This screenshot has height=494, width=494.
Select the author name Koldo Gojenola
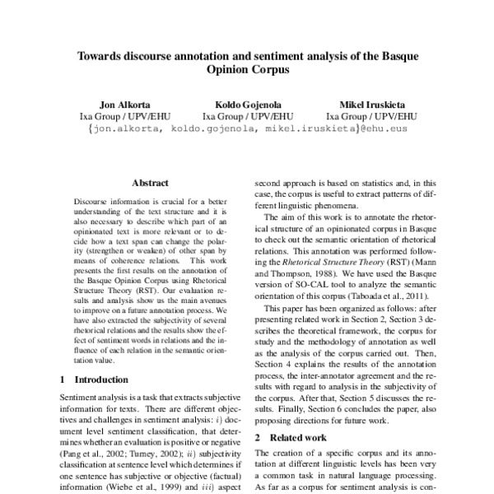coord(246,105)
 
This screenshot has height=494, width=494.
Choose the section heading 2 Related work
coord(291,437)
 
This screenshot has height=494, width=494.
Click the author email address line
coord(247,129)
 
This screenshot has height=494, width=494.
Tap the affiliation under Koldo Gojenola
coord(246,117)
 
